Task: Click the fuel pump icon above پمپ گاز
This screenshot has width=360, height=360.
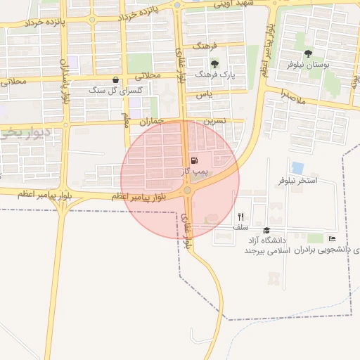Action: [x=193, y=161]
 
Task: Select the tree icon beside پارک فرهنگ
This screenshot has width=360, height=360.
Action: [x=214, y=64]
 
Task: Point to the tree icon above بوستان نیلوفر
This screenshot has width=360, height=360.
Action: [x=308, y=53]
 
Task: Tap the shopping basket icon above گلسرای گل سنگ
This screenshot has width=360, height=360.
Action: [x=115, y=80]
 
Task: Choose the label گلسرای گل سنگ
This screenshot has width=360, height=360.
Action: [x=115, y=91]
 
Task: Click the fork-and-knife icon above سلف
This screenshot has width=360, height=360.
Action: [x=240, y=217]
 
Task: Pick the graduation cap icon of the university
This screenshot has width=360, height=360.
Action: [x=266, y=231]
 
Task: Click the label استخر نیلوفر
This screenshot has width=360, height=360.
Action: [x=297, y=181]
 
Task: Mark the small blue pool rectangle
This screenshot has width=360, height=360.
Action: [x=297, y=168]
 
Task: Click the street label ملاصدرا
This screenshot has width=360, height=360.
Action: [x=292, y=97]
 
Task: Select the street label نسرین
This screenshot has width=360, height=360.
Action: [x=214, y=121]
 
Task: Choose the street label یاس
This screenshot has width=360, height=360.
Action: [x=203, y=94]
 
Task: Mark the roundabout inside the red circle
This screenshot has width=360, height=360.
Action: [x=186, y=190]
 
